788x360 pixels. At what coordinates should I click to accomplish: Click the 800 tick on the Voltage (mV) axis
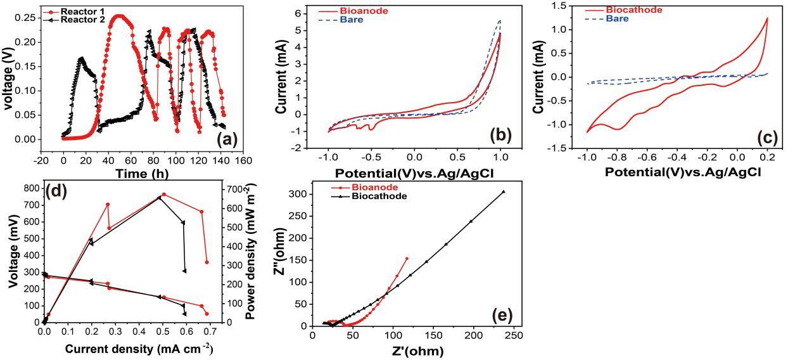pos(29,188)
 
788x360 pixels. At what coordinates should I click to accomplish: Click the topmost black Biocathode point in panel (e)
pos(504,191)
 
